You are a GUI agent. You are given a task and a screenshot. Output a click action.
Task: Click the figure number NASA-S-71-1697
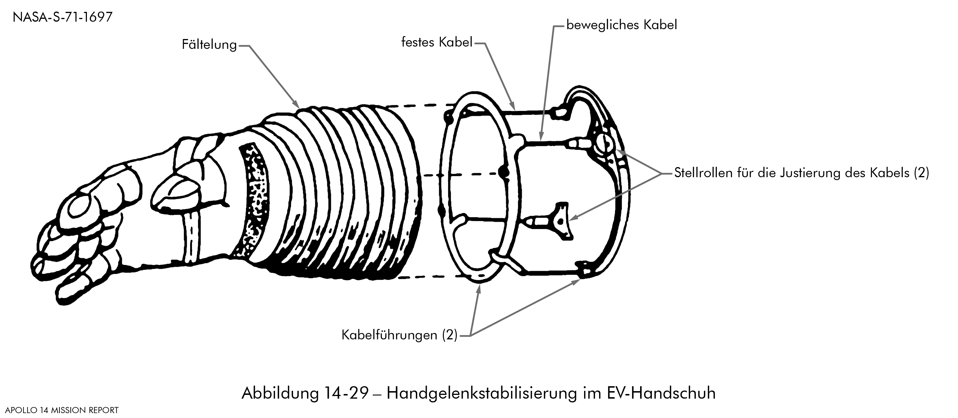(62, 17)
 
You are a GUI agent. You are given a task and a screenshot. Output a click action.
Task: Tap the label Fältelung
(209, 45)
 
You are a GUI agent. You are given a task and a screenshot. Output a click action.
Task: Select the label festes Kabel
(437, 42)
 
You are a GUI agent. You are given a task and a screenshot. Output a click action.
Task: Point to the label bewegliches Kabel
(621, 25)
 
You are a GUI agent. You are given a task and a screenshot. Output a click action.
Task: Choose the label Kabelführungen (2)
(399, 335)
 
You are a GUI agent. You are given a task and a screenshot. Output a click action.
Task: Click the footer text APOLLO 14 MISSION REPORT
(62, 410)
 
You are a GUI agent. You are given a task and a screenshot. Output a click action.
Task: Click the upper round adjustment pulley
(604, 144)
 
